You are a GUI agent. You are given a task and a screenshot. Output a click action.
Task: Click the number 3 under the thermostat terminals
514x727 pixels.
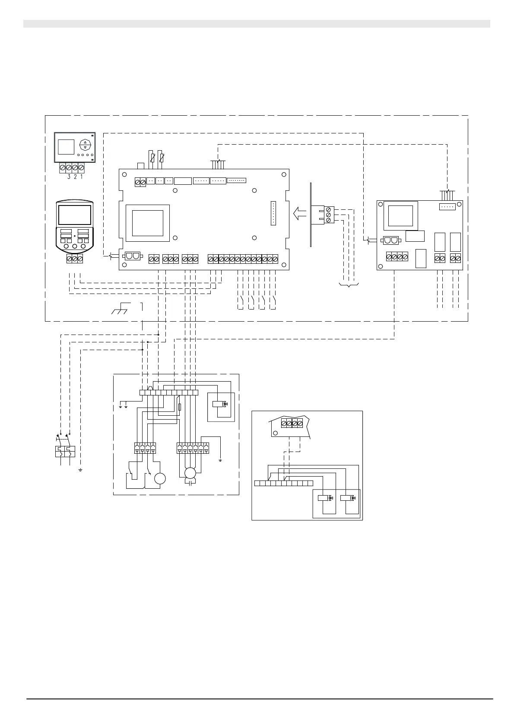pyautogui.click(x=69, y=177)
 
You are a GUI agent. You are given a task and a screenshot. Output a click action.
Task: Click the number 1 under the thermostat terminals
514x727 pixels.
pyautogui.click(x=81, y=177)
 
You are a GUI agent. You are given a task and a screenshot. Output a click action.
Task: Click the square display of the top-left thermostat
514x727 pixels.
pyautogui.click(x=66, y=147)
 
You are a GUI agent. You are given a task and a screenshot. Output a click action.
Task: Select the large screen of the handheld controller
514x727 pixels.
pyautogui.click(x=75, y=215)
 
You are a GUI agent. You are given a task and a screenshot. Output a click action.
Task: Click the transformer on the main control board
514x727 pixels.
pyautogui.click(x=147, y=223)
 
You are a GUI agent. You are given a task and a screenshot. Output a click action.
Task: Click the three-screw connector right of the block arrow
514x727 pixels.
pyautogui.click(x=329, y=215)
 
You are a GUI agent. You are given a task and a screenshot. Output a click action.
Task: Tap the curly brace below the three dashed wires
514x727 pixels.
pyautogui.click(x=349, y=285)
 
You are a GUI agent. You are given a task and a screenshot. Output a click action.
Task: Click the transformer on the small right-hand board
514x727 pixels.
pyautogui.click(x=403, y=216)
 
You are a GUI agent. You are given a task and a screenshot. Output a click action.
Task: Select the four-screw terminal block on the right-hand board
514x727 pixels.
pyautogui.click(x=397, y=256)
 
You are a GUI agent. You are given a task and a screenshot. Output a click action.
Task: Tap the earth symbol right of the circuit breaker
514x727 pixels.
pyautogui.click(x=81, y=469)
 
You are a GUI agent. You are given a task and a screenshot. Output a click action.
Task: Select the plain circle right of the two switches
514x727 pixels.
pyautogui.click(x=160, y=478)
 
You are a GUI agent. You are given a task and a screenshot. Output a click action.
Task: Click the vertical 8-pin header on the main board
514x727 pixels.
pyautogui.click(x=273, y=213)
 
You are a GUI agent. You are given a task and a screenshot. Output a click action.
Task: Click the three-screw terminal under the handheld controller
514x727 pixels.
pyautogui.click(x=74, y=259)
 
